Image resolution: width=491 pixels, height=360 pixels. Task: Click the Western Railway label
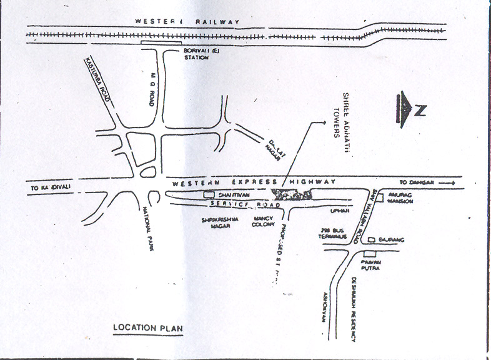(187, 22)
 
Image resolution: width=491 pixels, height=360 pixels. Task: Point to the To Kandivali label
(48, 187)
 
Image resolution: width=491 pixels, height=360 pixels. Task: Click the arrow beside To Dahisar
(447, 182)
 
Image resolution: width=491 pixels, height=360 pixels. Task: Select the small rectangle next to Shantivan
(209, 194)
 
